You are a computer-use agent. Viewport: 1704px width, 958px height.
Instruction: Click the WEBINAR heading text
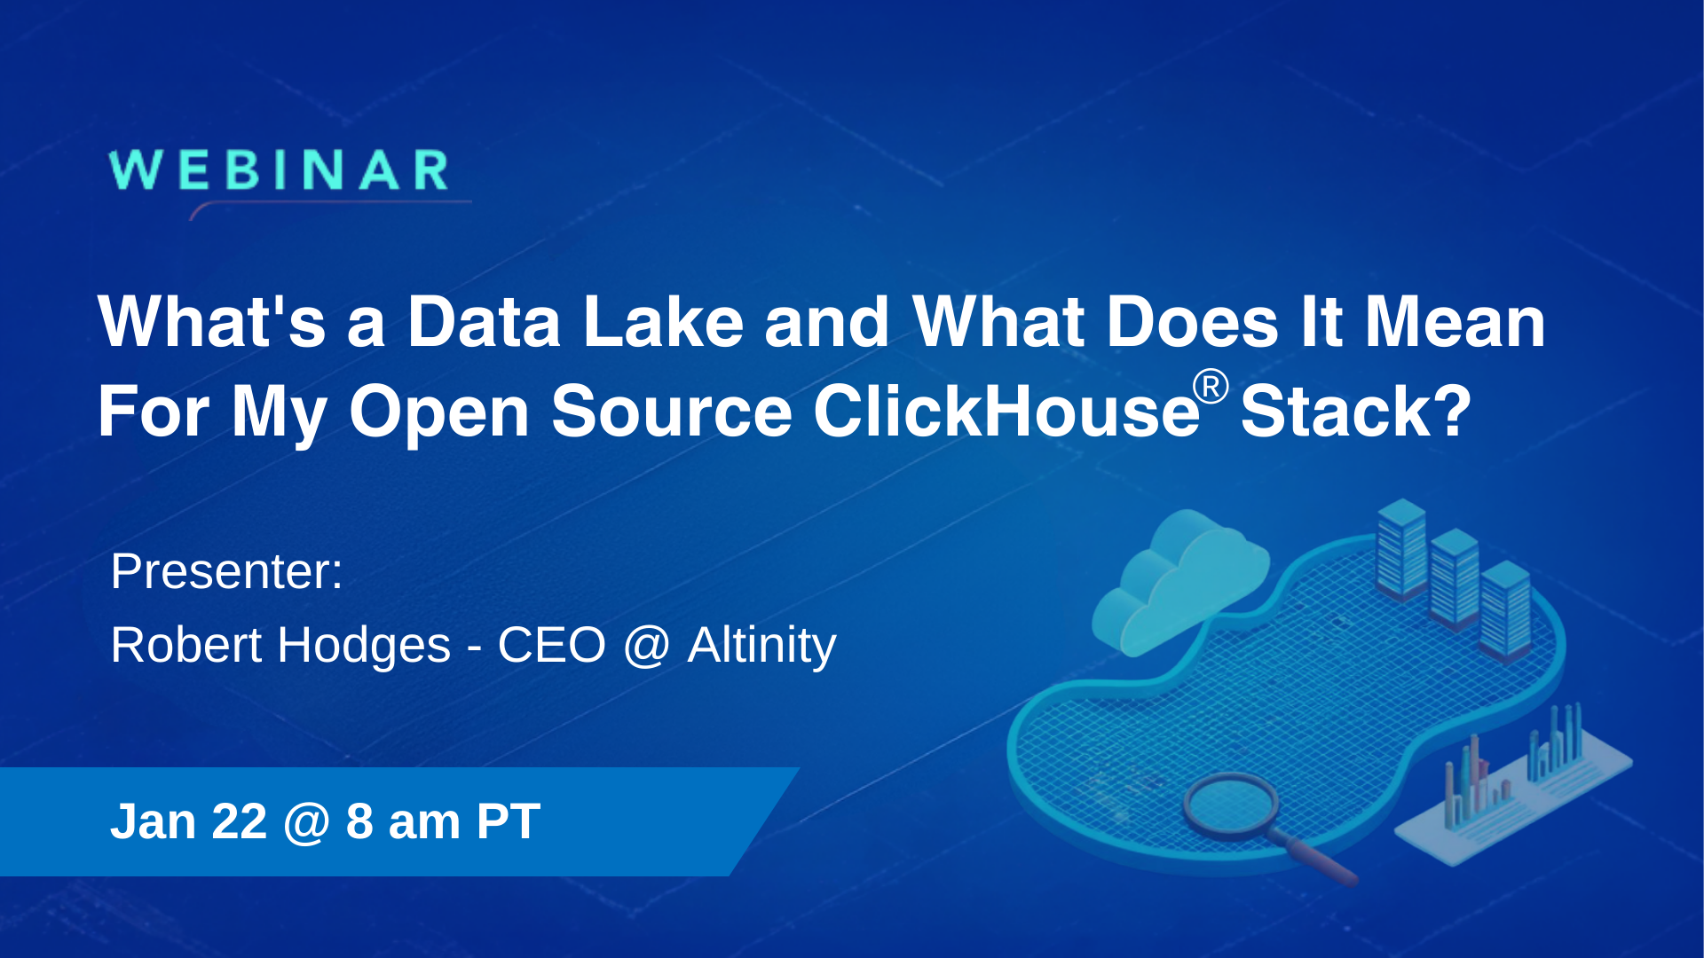tap(279, 170)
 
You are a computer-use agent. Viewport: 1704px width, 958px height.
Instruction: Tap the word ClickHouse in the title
tap(1006, 412)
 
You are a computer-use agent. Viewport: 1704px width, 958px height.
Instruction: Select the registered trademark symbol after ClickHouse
tap(1211, 388)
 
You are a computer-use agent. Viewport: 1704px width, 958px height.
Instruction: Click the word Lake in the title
tap(663, 321)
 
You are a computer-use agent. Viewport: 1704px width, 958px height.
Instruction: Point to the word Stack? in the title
tap(1355, 412)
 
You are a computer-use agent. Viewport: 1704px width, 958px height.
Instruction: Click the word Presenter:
tap(226, 571)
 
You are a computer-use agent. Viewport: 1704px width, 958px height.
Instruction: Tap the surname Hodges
tap(364, 647)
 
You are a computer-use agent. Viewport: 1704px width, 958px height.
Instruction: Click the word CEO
tap(551, 645)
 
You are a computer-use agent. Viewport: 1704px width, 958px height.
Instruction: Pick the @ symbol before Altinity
tap(646, 647)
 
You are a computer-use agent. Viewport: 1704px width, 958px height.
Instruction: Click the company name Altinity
tap(761, 645)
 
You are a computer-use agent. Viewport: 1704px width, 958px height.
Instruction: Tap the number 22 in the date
tap(239, 821)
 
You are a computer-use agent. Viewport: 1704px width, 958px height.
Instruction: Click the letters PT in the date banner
tap(508, 821)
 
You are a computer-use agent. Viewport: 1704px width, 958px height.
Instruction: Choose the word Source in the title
tap(671, 412)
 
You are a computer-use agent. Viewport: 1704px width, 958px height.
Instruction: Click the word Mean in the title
tap(1455, 321)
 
